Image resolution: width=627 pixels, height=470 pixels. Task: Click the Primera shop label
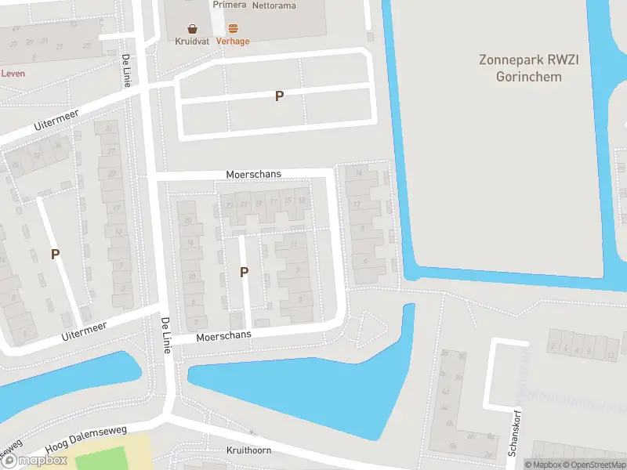click(229, 5)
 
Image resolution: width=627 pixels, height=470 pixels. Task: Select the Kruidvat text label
click(191, 42)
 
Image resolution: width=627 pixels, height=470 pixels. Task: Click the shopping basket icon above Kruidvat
click(191, 27)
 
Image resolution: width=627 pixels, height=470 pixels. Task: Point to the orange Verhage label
click(233, 42)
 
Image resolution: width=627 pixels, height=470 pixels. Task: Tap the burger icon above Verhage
click(233, 27)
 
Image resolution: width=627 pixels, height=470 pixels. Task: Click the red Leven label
click(13, 74)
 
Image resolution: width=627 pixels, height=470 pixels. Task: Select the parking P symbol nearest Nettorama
click(279, 96)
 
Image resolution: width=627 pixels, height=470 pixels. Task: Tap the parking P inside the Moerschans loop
click(244, 272)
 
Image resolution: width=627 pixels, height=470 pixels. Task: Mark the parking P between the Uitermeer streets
click(55, 254)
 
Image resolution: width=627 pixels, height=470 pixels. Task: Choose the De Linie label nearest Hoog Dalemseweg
click(166, 335)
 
